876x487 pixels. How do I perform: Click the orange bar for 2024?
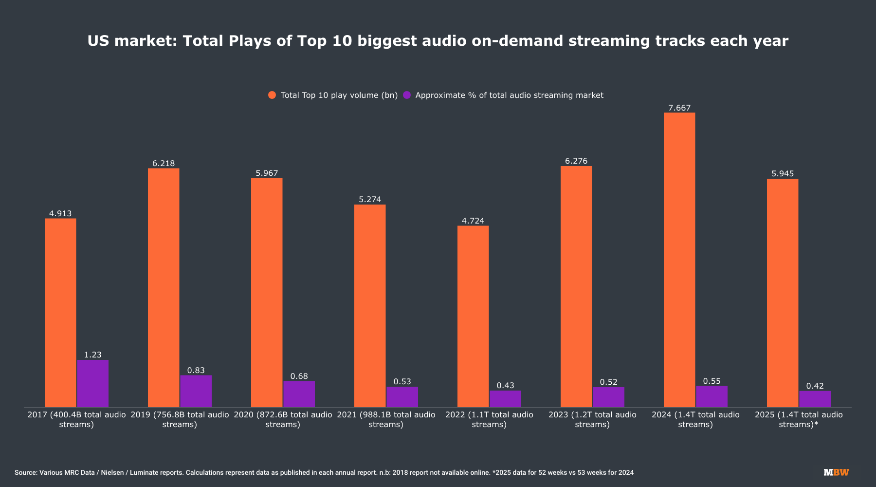pos(679,260)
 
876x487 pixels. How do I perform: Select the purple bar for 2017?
pos(92,383)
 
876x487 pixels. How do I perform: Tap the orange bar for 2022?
pos(473,317)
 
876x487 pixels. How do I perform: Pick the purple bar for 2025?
pos(815,399)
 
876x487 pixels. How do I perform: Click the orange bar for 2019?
pos(164,287)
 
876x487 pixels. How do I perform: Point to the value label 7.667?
pos(679,108)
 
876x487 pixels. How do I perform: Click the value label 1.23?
pos(92,355)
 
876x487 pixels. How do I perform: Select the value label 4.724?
pos(473,221)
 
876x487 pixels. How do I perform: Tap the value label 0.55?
pos(712,381)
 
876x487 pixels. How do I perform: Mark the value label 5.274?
pos(370,200)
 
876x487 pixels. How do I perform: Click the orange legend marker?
pos(272,95)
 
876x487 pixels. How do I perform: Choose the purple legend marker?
pos(407,95)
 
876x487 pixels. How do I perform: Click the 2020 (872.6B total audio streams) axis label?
pos(283,419)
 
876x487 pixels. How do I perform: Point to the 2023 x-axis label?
pos(592,419)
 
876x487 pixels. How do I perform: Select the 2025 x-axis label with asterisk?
pos(799,419)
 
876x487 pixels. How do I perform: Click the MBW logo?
pos(836,472)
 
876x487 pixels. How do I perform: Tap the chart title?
pos(438,41)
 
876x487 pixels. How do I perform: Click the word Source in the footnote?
pos(26,472)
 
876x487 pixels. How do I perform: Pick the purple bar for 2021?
pos(402,397)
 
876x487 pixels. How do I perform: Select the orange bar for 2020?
pos(267,292)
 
